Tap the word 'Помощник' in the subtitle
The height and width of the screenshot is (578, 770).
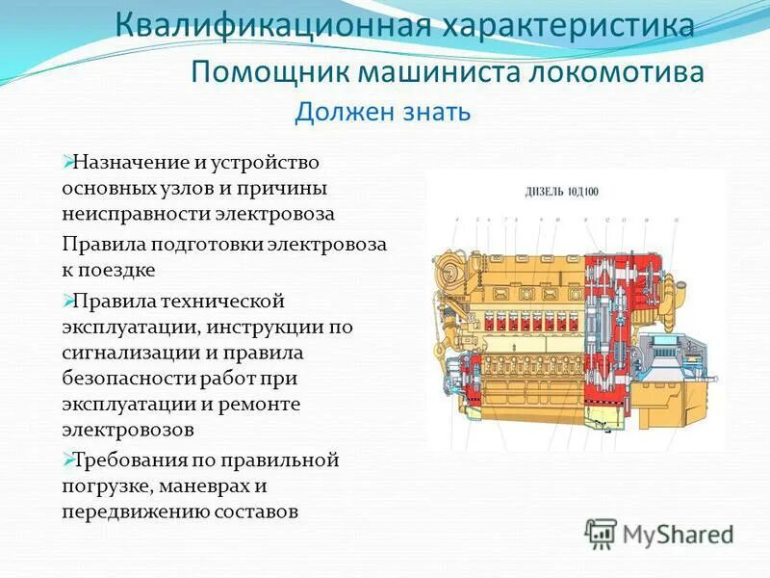pyautogui.click(x=270, y=72)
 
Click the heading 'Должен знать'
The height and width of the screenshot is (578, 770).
pyautogui.click(x=382, y=113)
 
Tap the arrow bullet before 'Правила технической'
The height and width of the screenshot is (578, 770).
pyautogui.click(x=67, y=301)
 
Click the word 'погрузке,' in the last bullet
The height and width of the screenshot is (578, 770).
pyautogui.click(x=102, y=486)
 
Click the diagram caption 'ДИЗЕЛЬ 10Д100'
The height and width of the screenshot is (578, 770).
pyautogui.click(x=561, y=192)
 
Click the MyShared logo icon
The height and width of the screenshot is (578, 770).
pyautogui.click(x=602, y=533)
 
